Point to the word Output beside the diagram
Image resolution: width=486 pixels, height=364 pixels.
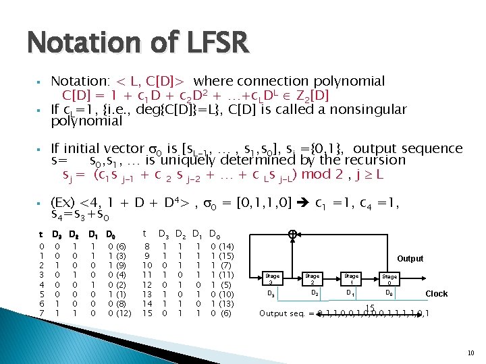410,258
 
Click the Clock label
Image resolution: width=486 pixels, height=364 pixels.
436,293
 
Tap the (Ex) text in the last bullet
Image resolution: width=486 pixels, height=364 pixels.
64,203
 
